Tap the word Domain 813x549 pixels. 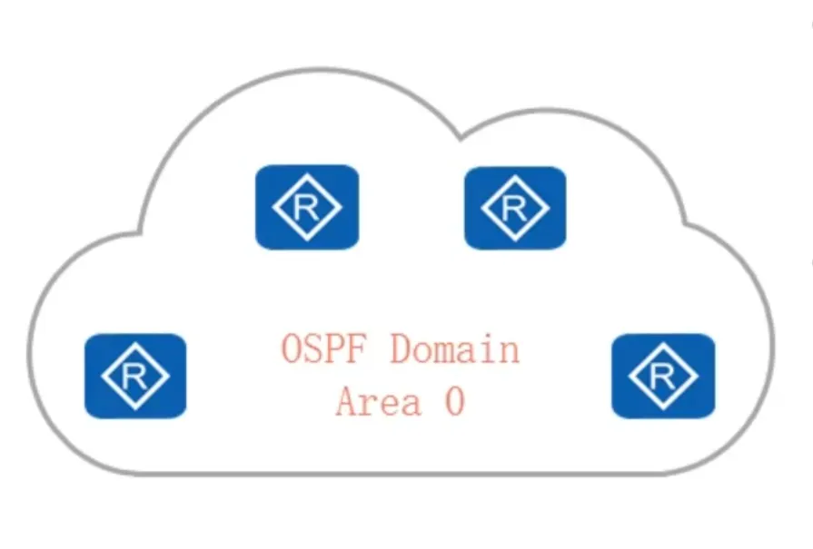point(455,349)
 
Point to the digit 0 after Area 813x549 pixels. point(454,400)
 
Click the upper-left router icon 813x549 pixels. point(307,207)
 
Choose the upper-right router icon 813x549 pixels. point(515,208)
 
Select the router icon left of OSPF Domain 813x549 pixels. point(135,376)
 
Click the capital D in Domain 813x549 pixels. point(402,349)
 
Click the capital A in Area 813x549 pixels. point(347,400)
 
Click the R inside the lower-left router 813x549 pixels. point(135,377)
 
